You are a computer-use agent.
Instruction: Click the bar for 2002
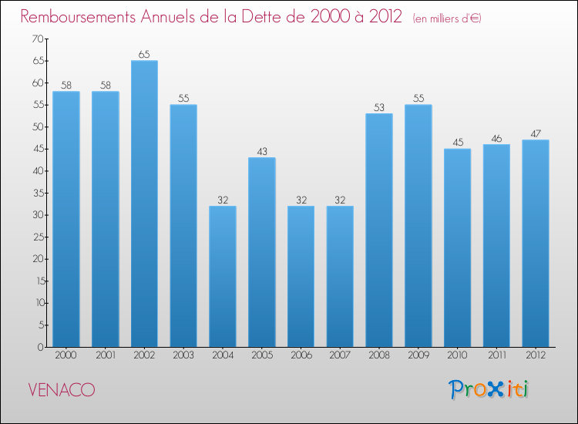click(x=144, y=204)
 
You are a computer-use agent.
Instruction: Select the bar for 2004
click(x=223, y=276)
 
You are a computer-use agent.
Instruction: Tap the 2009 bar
click(x=418, y=226)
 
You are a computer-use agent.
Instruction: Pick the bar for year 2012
click(x=536, y=244)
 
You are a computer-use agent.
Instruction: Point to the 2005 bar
click(x=262, y=252)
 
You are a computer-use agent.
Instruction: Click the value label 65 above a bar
click(x=144, y=55)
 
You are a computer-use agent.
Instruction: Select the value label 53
click(x=379, y=108)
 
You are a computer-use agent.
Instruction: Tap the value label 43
click(x=262, y=152)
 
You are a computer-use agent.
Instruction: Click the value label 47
click(x=536, y=134)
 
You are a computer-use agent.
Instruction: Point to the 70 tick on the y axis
click(x=38, y=39)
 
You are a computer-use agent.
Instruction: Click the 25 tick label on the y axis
click(x=39, y=237)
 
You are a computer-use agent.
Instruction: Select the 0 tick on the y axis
click(x=41, y=347)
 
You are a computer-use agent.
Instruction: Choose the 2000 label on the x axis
click(x=66, y=355)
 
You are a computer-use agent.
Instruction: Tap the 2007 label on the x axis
click(x=340, y=355)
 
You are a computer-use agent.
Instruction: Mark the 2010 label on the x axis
click(x=458, y=355)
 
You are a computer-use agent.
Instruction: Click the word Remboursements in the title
click(x=78, y=17)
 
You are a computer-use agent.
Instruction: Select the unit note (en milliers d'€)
click(x=447, y=19)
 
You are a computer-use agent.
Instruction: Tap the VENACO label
click(x=62, y=390)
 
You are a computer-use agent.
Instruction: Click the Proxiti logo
click(x=489, y=389)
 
